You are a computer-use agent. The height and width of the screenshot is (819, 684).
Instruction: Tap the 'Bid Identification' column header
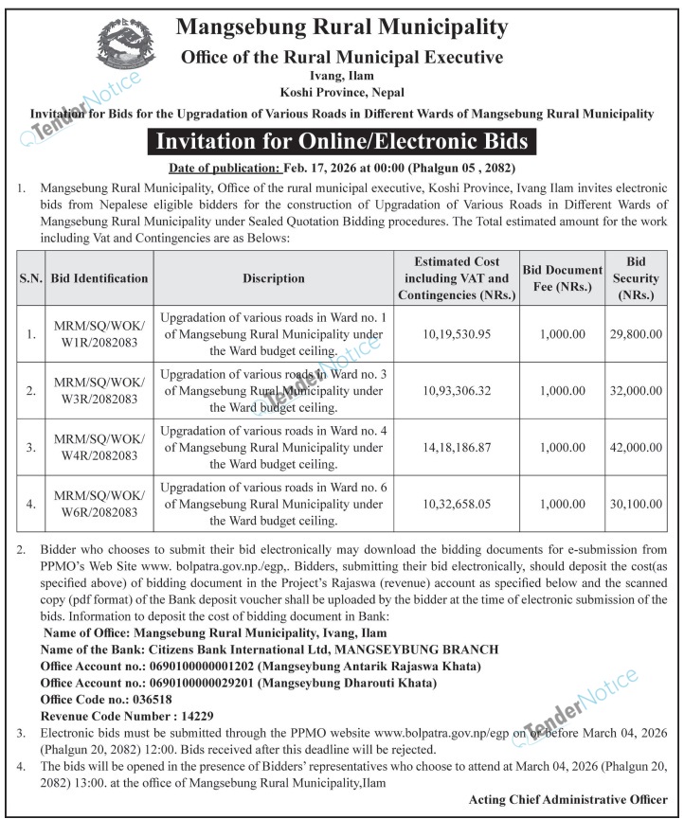click(x=99, y=278)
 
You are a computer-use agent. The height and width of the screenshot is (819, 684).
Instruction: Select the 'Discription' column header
click(x=273, y=278)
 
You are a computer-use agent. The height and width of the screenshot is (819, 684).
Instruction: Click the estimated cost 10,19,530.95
click(x=459, y=334)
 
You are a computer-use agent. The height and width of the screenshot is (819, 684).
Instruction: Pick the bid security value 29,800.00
click(x=636, y=334)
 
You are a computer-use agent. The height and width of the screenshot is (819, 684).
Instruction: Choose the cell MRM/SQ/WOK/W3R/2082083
click(x=99, y=390)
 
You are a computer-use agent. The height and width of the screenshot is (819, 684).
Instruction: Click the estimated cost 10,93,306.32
click(x=459, y=390)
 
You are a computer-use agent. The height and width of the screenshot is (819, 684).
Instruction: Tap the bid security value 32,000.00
click(x=636, y=390)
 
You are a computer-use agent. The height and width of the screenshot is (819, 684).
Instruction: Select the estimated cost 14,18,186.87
click(x=459, y=447)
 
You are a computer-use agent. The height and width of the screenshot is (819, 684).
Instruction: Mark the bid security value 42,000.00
click(x=636, y=447)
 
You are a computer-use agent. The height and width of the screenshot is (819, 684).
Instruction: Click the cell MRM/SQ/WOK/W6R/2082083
click(x=99, y=504)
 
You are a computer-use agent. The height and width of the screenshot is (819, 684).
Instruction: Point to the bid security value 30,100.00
click(x=636, y=504)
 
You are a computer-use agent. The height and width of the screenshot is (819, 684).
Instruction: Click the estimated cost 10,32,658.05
click(x=459, y=504)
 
